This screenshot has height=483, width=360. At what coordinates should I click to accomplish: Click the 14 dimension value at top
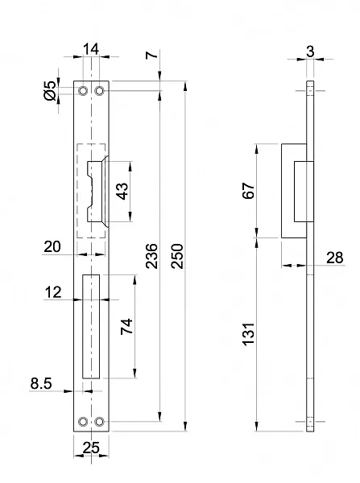click(x=91, y=49)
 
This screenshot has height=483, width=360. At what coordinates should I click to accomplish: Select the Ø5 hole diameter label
click(x=50, y=91)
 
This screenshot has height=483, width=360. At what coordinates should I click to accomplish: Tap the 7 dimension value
click(x=151, y=55)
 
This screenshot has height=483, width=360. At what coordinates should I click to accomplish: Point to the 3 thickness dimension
click(x=310, y=52)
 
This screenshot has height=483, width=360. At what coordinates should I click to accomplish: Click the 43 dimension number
click(x=122, y=192)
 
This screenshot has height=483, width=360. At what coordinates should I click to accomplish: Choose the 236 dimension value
click(x=151, y=256)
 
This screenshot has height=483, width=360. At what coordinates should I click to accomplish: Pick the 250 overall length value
click(x=177, y=256)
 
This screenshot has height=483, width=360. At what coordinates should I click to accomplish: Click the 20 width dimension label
click(x=52, y=247)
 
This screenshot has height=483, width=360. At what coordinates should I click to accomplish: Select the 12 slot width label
click(x=53, y=292)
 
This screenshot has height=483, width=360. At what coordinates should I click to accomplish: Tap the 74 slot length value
click(x=126, y=327)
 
